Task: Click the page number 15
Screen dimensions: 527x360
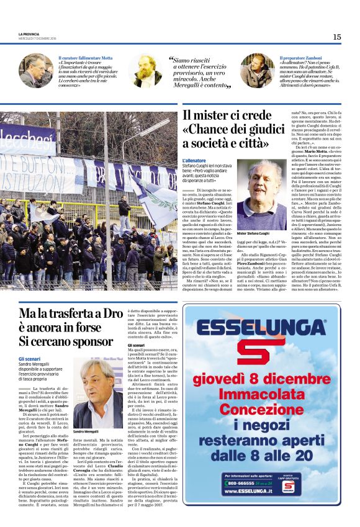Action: (337, 37)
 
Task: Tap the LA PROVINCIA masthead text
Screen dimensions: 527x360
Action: (30, 34)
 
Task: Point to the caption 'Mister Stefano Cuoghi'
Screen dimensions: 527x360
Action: (254, 235)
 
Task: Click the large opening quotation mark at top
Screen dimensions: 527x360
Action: (172, 60)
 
